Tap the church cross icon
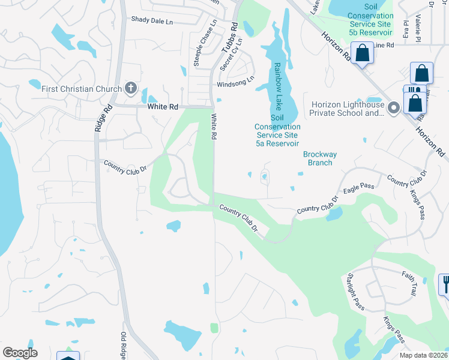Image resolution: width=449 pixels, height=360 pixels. point(130,89)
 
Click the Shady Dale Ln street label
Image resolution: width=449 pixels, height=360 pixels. point(152,20)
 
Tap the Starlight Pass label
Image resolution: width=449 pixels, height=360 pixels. point(355,292)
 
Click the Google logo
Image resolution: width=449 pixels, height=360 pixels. point(20,353)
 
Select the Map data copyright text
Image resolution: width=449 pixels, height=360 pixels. point(423,355)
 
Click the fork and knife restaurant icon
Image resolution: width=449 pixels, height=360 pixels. point(445,283)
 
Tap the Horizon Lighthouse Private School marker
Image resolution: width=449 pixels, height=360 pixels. point(394,109)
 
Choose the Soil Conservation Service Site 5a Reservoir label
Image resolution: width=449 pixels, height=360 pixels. point(277,131)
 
